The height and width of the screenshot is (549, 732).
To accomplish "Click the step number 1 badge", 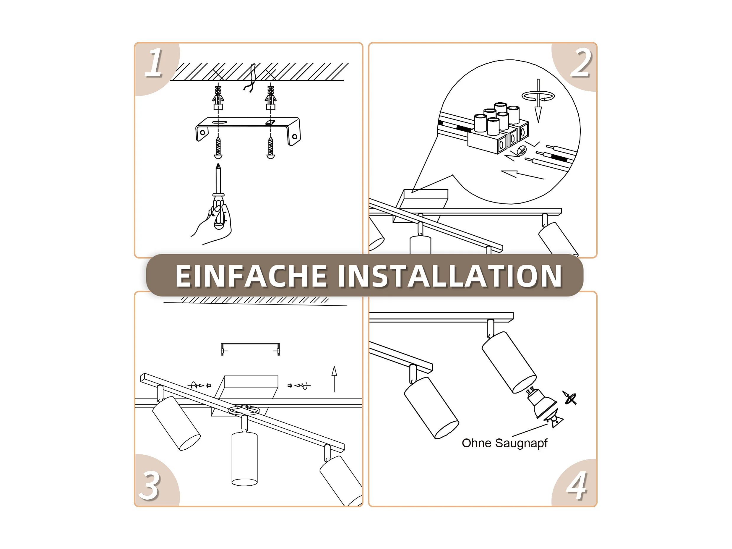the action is tap(154, 63).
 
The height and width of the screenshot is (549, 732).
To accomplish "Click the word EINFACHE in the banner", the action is tap(251, 276).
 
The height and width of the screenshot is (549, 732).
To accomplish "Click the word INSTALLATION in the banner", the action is tap(450, 276).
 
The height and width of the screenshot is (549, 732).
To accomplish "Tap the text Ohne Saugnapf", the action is tap(504, 443).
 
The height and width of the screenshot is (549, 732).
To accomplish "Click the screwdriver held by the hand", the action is tap(218, 195).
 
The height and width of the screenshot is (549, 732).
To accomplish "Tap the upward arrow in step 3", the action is tap(334, 379).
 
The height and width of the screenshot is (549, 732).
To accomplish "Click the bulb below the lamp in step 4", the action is tap(541, 402).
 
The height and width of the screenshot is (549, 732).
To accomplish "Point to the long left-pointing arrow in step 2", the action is tap(522, 174).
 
